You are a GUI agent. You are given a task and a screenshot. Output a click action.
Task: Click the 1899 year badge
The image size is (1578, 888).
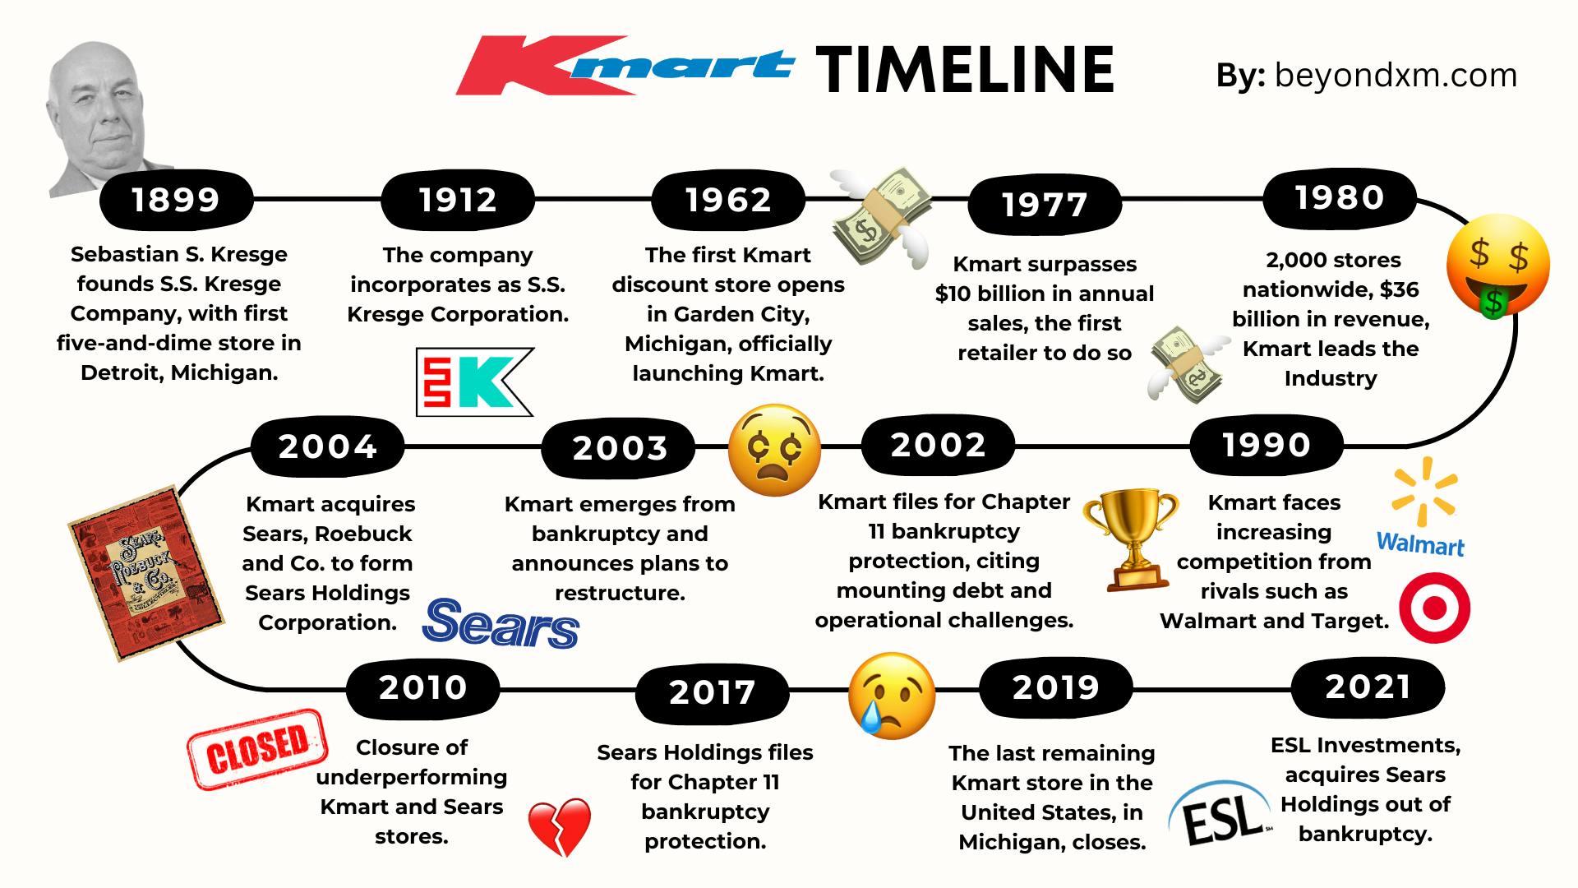click(176, 200)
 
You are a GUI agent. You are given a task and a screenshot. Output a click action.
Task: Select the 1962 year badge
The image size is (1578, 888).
click(728, 200)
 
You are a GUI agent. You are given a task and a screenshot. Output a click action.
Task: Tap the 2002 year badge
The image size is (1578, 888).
click(938, 445)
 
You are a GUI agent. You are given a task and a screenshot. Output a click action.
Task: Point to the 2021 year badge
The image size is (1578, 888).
click(1368, 687)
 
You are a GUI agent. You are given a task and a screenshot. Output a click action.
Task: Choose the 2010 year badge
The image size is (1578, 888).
click(422, 687)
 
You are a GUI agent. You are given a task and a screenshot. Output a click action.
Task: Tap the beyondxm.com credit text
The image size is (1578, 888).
click(1396, 75)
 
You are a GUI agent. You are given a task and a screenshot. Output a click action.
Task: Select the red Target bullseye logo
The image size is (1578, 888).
click(1434, 608)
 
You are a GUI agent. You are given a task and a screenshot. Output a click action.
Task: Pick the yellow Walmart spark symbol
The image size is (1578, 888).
click(1424, 491)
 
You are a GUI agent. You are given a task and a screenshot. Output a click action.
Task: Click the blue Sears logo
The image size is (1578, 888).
click(501, 622)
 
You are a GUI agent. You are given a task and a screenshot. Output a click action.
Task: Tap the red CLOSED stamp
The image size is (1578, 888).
click(257, 749)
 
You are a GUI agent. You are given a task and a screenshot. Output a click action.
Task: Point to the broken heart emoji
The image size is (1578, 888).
click(559, 827)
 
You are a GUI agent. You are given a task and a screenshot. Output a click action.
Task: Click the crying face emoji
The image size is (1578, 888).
click(892, 696)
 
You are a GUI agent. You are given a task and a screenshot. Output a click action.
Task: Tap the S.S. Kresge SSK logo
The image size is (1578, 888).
click(474, 382)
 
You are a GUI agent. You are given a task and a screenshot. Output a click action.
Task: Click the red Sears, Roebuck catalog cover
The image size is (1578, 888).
click(147, 572)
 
